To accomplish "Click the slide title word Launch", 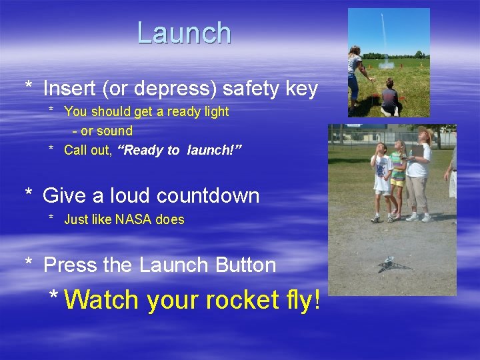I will (x=184, y=33).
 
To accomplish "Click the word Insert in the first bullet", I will (x=69, y=89).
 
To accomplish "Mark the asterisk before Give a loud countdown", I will (x=29, y=194).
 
